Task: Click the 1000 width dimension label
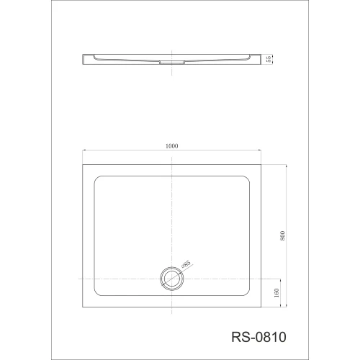tap(172, 146)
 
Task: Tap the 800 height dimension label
tap(282, 236)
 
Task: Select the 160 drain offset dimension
tap(276, 293)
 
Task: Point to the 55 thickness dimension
tap(269, 59)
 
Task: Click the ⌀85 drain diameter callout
tap(186, 264)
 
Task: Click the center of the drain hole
tap(172, 279)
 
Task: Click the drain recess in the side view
tap(172, 63)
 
